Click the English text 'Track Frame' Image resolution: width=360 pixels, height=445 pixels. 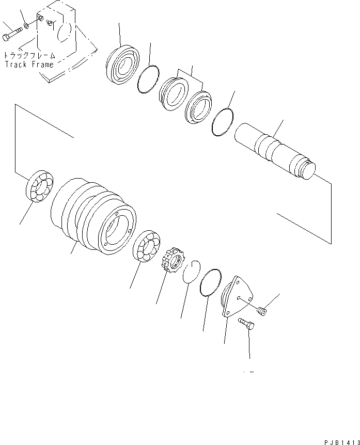click(x=29, y=65)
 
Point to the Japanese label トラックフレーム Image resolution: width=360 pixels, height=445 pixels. click(x=29, y=55)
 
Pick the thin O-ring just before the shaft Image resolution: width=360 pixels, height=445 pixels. click(x=223, y=123)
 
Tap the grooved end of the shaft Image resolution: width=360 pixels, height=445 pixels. click(x=307, y=171)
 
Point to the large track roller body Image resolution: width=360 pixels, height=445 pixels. click(x=93, y=214)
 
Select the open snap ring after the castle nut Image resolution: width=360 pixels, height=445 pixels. click(x=192, y=272)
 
